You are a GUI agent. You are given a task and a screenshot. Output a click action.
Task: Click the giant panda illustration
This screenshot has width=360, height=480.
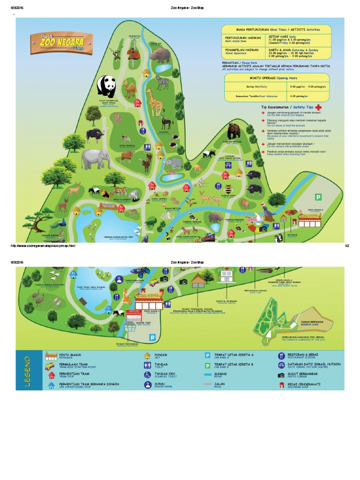(x=106, y=87)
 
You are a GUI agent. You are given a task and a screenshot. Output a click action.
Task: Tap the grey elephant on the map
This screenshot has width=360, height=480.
(x=96, y=159)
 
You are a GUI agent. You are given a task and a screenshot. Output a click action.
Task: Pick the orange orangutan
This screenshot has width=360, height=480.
(x=135, y=54)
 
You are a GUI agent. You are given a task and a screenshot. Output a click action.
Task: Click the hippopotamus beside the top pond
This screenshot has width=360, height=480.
(x=161, y=55)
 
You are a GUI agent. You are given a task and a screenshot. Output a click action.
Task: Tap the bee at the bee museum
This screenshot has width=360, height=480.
(x=229, y=189)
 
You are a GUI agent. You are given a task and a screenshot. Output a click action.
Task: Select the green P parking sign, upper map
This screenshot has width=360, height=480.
(x=318, y=197)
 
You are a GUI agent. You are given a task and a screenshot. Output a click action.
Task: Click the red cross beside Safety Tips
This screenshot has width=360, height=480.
(x=320, y=107)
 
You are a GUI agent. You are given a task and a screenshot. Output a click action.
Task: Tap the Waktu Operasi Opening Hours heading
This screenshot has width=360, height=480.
(x=277, y=77)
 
